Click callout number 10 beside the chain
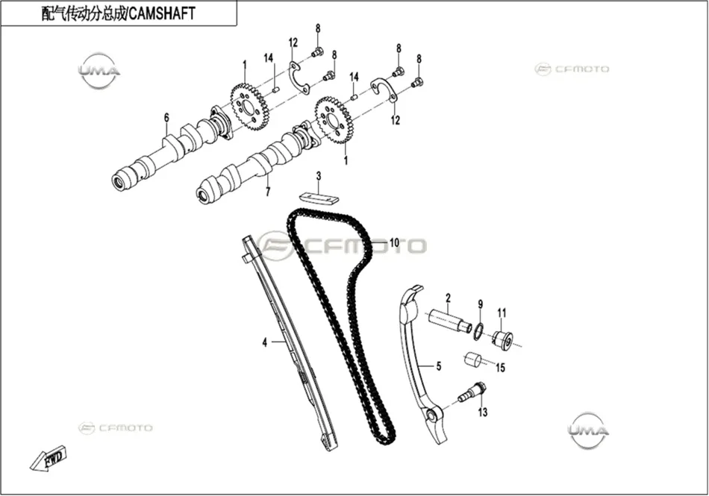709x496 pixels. pyautogui.click(x=394, y=243)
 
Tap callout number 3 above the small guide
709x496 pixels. pyautogui.click(x=319, y=176)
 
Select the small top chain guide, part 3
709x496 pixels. pyautogui.click(x=319, y=198)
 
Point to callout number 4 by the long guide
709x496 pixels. pyautogui.click(x=265, y=342)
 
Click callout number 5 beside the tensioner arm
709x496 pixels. pyautogui.click(x=439, y=366)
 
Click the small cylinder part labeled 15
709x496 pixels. pyautogui.click(x=473, y=360)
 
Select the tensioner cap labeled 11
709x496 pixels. pyautogui.click(x=503, y=339)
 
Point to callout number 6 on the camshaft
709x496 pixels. pyautogui.click(x=166, y=118)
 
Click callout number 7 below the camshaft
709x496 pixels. pyautogui.click(x=268, y=192)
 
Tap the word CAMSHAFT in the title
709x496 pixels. pyautogui.click(x=162, y=13)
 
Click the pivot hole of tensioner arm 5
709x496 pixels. pyautogui.click(x=432, y=416)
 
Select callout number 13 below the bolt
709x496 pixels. pyautogui.click(x=483, y=412)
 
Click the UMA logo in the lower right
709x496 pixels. pyautogui.click(x=588, y=430)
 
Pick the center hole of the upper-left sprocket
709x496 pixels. pyautogui.click(x=249, y=108)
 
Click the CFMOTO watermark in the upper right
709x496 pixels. pyautogui.click(x=572, y=69)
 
